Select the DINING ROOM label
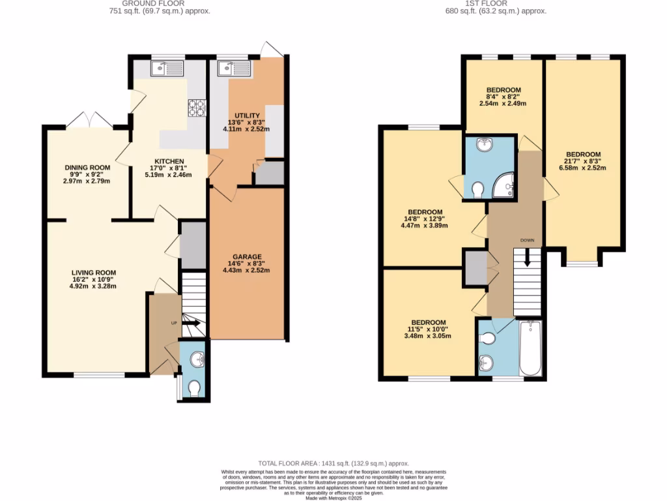[x=87, y=168]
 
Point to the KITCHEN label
[x=169, y=161]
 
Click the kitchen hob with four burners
[x=196, y=108]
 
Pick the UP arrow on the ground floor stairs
[x=192, y=322]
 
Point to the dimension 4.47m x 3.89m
[x=425, y=226]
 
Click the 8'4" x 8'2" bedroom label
[x=503, y=97]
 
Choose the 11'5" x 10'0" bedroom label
[x=428, y=329]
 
